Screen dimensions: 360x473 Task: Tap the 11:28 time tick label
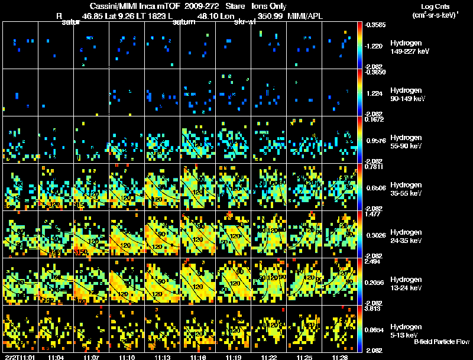pyautogui.click(x=340, y=357)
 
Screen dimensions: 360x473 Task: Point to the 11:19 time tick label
pyautogui.click(x=234, y=357)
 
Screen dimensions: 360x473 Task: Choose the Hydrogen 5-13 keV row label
pyautogui.click(x=405, y=330)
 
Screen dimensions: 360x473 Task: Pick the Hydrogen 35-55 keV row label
pyautogui.click(x=405, y=189)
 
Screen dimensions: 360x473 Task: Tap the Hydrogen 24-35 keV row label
pyautogui.click(x=405, y=236)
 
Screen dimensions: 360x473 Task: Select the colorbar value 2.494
pyautogui.click(x=373, y=262)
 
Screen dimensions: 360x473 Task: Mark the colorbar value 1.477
pyautogui.click(x=373, y=215)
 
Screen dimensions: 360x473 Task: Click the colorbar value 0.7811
pyautogui.click(x=373, y=167)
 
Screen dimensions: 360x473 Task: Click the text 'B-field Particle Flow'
pyautogui.click(x=442, y=342)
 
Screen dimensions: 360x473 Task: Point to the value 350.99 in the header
pyautogui.click(x=271, y=16)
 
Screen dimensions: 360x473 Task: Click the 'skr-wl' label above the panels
pyautogui.click(x=244, y=22)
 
